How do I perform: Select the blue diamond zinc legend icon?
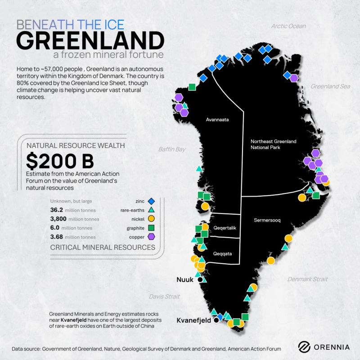pyautogui.click(x=152, y=201)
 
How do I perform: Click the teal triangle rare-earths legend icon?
pyautogui.click(x=152, y=210)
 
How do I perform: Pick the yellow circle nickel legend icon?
pyautogui.click(x=152, y=219)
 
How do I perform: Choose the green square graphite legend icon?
pyautogui.click(x=152, y=228)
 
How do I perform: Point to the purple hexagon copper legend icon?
pyautogui.click(x=152, y=237)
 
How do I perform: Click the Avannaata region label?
pyautogui.click(x=218, y=120)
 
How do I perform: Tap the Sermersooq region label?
pyautogui.click(x=267, y=220)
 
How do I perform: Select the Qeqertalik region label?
pyautogui.click(x=225, y=228)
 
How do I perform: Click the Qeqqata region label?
pyautogui.click(x=223, y=253)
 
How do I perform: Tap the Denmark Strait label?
pyautogui.click(x=308, y=279)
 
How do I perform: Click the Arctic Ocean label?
pyautogui.click(x=288, y=26)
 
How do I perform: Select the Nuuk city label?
pyautogui.click(x=184, y=279)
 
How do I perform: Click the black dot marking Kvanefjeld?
pyautogui.click(x=216, y=320)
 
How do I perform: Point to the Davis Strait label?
pyautogui.click(x=164, y=297)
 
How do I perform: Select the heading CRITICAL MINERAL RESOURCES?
pyautogui.click(x=103, y=247)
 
